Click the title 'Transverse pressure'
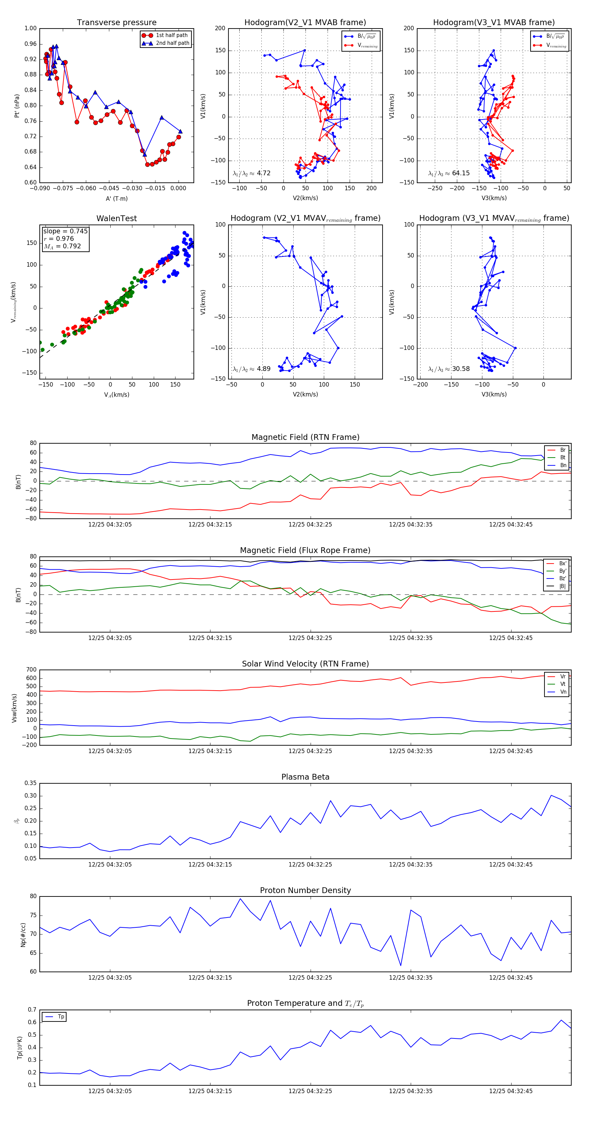[116, 23]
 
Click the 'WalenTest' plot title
[116, 218]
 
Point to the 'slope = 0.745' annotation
[65, 231]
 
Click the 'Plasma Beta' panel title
[305, 777]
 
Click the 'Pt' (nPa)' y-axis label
[17, 106]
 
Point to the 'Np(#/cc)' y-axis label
[23, 935]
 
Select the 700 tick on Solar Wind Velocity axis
[31, 670]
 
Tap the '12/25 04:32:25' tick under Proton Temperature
[310, 1091]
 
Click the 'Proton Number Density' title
[305, 890]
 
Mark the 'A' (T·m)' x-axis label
[116, 199]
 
